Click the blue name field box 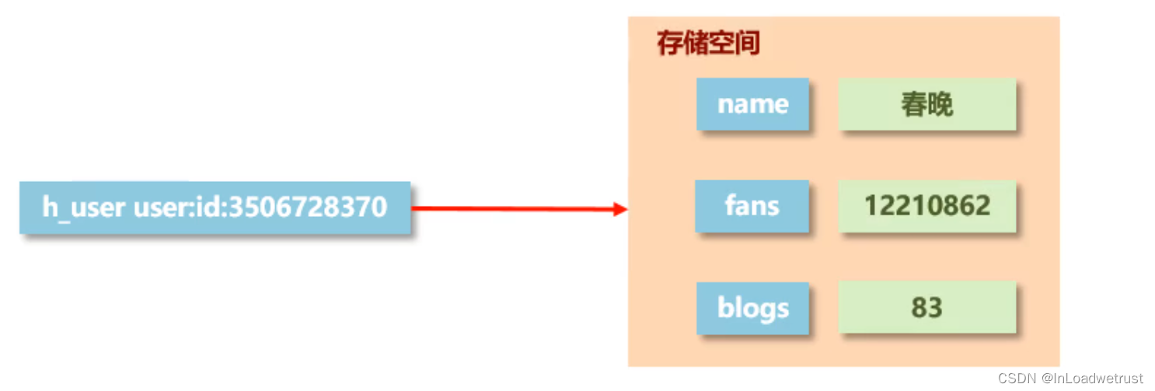pyautogui.click(x=752, y=104)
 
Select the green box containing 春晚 pyautogui.click(x=927, y=104)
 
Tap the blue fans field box pyautogui.click(x=752, y=206)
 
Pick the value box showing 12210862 pyautogui.click(x=927, y=206)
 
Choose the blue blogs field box pyautogui.click(x=752, y=308)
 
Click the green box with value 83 pyautogui.click(x=927, y=308)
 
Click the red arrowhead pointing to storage pyautogui.click(x=619, y=208)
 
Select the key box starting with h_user pyautogui.click(x=215, y=208)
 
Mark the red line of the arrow pyautogui.click(x=513, y=208)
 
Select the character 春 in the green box pyautogui.click(x=914, y=104)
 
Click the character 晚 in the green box pyautogui.click(x=940, y=104)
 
